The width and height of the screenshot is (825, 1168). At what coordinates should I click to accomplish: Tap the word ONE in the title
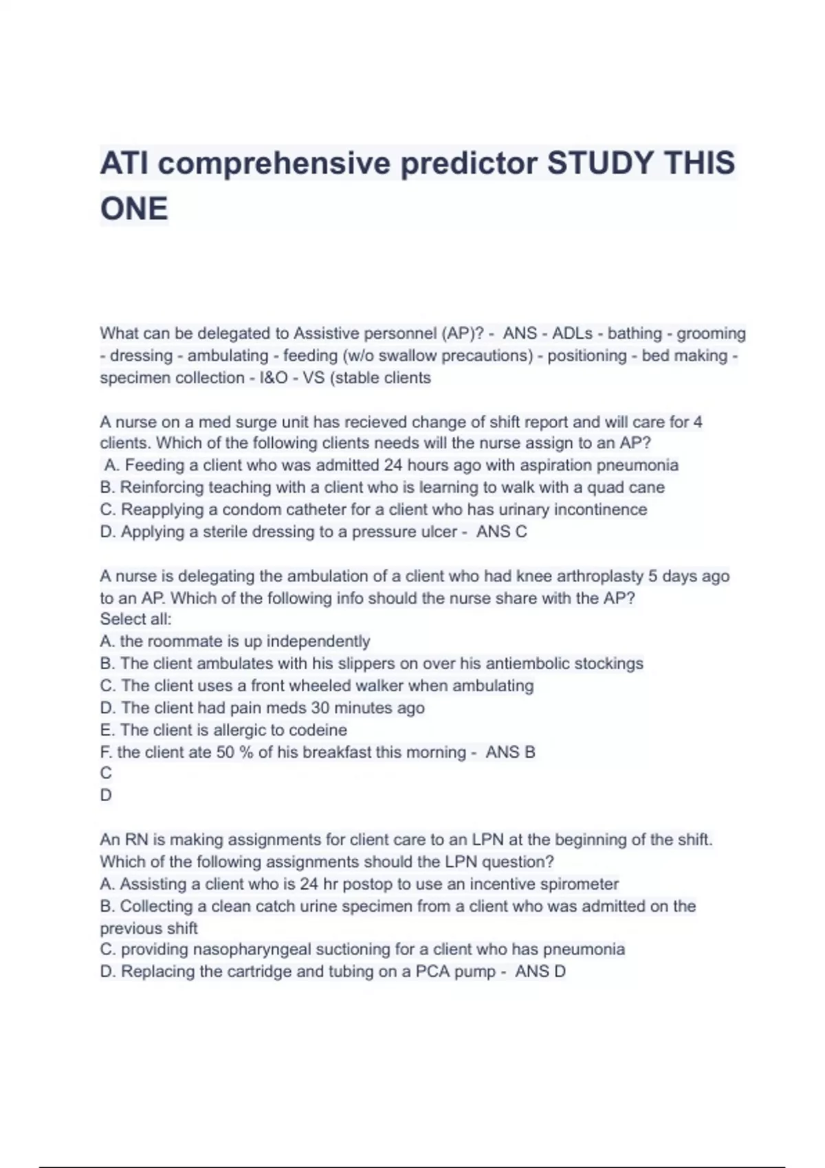point(134,209)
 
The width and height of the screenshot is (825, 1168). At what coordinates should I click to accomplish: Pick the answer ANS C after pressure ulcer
point(501,532)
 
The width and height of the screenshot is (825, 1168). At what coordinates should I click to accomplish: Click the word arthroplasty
point(596,576)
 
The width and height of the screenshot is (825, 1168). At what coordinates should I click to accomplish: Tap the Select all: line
point(135,619)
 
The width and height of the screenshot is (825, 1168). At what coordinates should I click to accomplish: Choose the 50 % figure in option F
point(234,752)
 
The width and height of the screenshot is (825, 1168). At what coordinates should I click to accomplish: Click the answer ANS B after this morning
point(510,752)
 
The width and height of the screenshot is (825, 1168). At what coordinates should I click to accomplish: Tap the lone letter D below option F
point(106,795)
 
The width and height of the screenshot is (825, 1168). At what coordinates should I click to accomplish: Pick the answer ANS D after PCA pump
point(540,972)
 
